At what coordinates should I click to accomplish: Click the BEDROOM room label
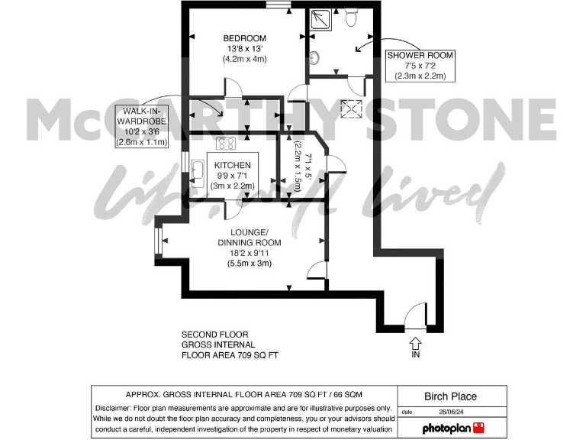pos(244,39)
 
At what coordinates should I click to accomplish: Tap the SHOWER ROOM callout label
pos(420,66)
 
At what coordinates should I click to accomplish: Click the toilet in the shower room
pos(352,18)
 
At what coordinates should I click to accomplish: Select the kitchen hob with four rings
pos(225,143)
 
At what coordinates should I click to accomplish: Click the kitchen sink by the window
pos(198,172)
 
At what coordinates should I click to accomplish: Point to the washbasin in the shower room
pos(314,56)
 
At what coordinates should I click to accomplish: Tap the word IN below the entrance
pos(415,355)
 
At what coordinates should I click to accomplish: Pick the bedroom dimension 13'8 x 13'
pos(244,49)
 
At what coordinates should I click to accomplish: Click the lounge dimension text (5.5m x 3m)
pos(249,264)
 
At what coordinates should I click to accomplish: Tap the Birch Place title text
pos(450,396)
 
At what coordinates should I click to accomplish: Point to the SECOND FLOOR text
pos(214,335)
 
